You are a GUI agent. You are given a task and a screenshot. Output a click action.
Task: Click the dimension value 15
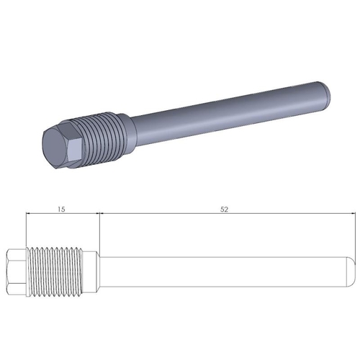point(60,209)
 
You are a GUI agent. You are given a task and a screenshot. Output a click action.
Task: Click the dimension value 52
point(225,209)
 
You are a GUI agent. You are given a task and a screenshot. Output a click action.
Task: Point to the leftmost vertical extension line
point(25,230)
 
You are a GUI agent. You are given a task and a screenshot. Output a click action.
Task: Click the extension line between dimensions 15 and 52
point(99,230)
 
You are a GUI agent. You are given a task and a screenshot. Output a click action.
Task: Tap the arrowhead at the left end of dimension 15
point(28,214)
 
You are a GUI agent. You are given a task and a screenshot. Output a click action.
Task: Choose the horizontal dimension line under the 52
point(225,214)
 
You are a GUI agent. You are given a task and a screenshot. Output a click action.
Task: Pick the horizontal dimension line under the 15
point(62,214)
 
